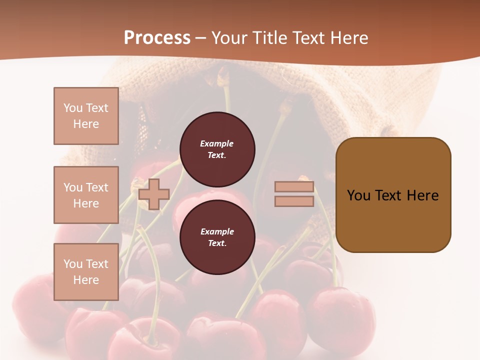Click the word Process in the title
click(157, 38)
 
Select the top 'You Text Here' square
click(86, 116)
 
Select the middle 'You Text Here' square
click(86, 195)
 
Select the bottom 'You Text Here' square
click(86, 272)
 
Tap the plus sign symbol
click(154, 194)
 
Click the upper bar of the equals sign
click(294, 187)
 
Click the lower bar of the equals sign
click(294, 201)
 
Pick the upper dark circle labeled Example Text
click(217, 149)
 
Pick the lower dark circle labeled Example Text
click(217, 237)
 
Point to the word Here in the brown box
click(422, 195)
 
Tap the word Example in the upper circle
click(216, 143)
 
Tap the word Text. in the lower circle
click(217, 243)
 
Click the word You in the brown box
click(358, 195)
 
